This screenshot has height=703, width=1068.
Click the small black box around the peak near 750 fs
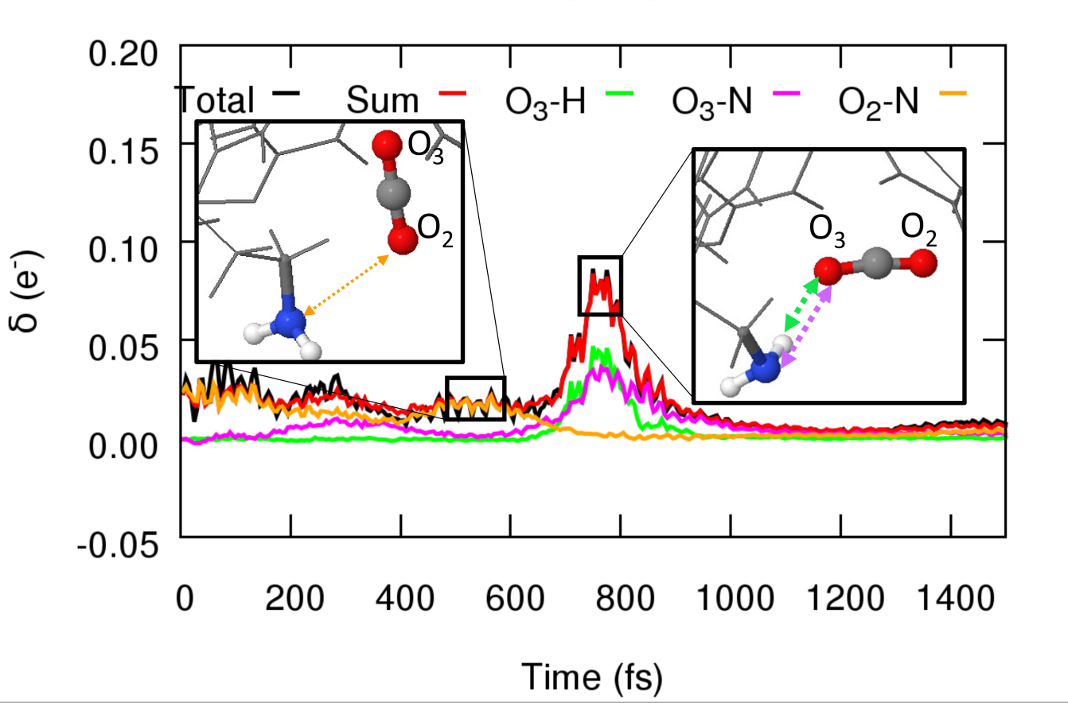600,285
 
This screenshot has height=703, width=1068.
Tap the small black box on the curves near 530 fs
475,398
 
